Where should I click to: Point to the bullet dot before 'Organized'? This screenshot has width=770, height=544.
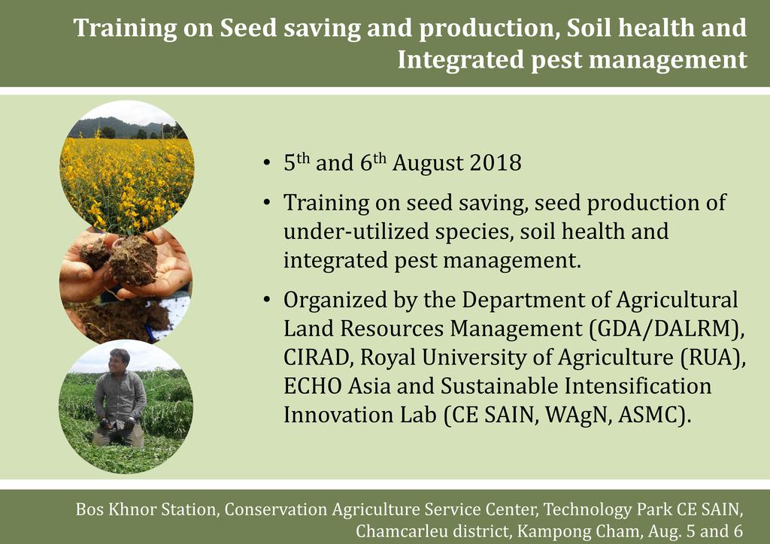pos(267,300)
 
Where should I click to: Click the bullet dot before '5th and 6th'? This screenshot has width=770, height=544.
pos(267,163)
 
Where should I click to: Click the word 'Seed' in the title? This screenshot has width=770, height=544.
pos(248,28)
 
